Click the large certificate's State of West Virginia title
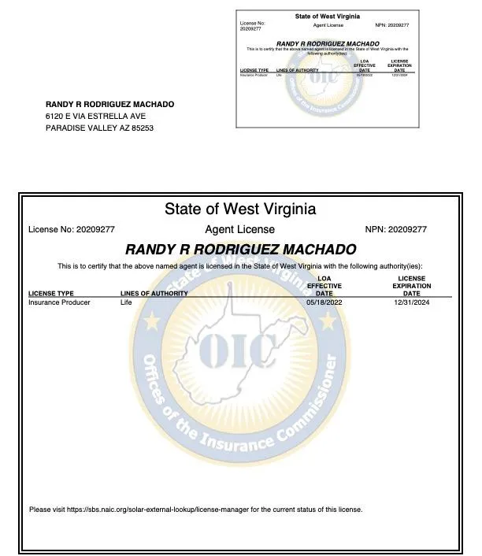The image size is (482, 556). tap(240, 209)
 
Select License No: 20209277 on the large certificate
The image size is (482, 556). tap(72, 230)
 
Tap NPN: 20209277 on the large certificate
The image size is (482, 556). tap(396, 230)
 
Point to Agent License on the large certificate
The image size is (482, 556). tap(240, 230)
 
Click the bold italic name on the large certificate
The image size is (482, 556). tap(240, 250)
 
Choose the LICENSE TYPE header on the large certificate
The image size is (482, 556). tap(51, 294)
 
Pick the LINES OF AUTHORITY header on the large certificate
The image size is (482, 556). tap(154, 294)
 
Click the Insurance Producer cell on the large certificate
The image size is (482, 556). tap(59, 302)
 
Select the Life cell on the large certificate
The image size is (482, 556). tap(126, 302)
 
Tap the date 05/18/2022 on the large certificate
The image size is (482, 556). tap(324, 302)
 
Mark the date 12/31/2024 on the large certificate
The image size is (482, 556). tap(412, 302)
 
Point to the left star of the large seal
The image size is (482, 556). tap(152, 322)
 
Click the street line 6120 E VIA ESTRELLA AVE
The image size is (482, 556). tap(95, 116)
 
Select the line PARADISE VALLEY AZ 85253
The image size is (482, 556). tap(99, 128)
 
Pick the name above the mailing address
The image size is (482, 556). tap(109, 104)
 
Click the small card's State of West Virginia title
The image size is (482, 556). tap(327, 17)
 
